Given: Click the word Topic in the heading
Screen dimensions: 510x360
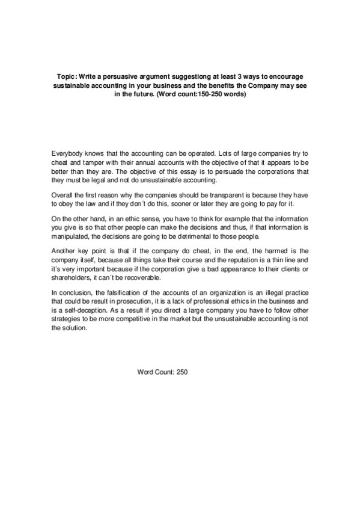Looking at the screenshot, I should (66, 78).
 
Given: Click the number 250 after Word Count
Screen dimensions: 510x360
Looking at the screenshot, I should (182, 372).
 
